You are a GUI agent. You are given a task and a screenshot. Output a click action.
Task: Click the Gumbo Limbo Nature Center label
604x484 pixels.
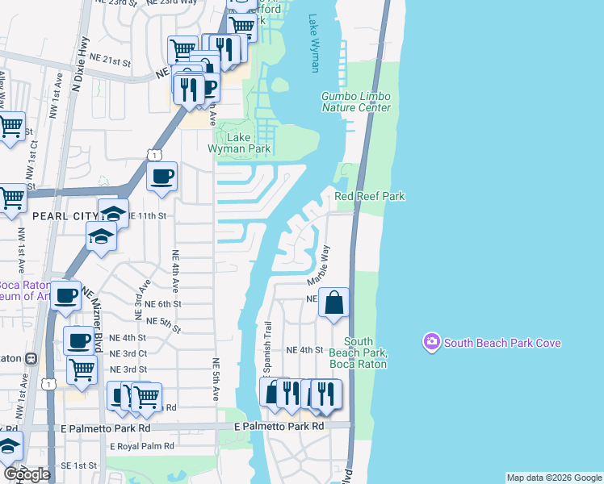(x=356, y=102)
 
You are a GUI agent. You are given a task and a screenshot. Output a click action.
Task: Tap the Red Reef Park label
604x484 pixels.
(x=369, y=196)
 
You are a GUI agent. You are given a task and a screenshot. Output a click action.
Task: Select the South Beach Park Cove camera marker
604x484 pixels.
(x=432, y=343)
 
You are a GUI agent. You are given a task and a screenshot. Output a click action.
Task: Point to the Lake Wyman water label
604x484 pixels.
(x=314, y=44)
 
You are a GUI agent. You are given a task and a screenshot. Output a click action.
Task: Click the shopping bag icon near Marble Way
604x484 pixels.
(x=333, y=303)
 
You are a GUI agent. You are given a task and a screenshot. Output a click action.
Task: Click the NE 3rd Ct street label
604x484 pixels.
(x=128, y=353)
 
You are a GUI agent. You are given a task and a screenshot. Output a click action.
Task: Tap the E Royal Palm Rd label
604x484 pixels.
(x=141, y=445)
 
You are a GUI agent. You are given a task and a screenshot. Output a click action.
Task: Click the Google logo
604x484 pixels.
(x=27, y=474)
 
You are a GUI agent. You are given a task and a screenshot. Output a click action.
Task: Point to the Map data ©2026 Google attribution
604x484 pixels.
(x=553, y=478)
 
